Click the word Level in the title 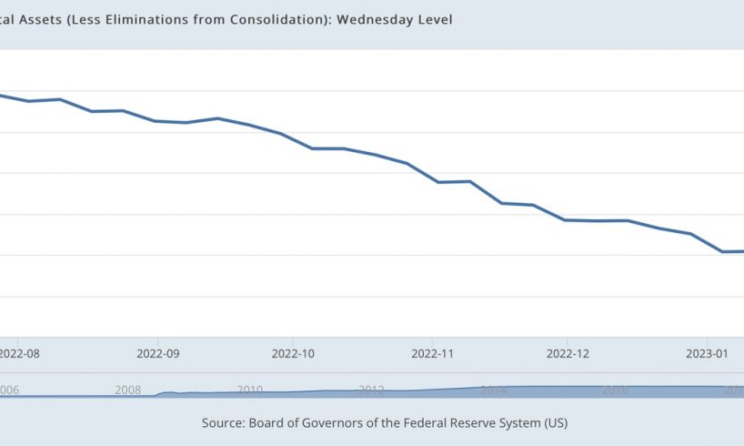click(433, 19)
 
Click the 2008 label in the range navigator click(128, 390)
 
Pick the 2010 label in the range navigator click(250, 390)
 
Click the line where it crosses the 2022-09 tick click(158, 121)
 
